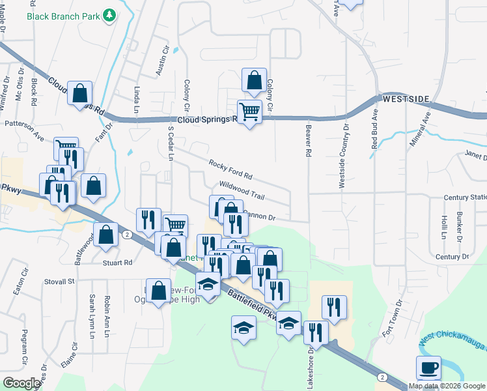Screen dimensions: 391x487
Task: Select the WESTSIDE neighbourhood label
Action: (x=406, y=99)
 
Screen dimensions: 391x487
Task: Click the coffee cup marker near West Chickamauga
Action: (x=428, y=368)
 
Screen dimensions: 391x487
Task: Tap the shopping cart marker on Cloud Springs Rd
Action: (x=249, y=112)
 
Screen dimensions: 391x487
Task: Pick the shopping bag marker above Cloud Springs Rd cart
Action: (x=254, y=81)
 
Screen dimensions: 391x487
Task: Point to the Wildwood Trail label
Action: (x=242, y=191)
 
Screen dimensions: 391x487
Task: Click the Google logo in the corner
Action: (x=21, y=383)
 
